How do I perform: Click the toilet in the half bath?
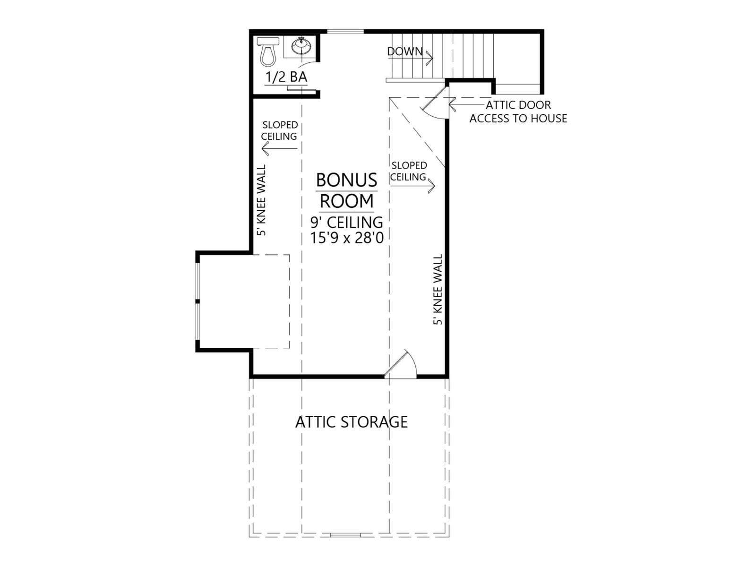click(x=268, y=52)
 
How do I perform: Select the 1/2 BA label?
click(x=286, y=77)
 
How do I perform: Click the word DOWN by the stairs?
click(x=404, y=52)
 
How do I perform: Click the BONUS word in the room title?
click(x=346, y=180)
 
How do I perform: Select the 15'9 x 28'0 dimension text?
click(x=347, y=238)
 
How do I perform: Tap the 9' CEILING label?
click(x=346, y=223)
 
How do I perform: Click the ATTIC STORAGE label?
click(x=352, y=422)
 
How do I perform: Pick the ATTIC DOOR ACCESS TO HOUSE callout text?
click(x=518, y=112)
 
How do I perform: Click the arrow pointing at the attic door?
click(x=466, y=104)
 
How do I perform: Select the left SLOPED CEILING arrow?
click(x=279, y=149)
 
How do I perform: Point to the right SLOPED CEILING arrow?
click(x=412, y=186)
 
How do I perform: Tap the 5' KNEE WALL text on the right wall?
click(x=438, y=290)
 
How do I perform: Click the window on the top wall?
click(x=345, y=32)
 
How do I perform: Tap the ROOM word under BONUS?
click(x=346, y=201)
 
